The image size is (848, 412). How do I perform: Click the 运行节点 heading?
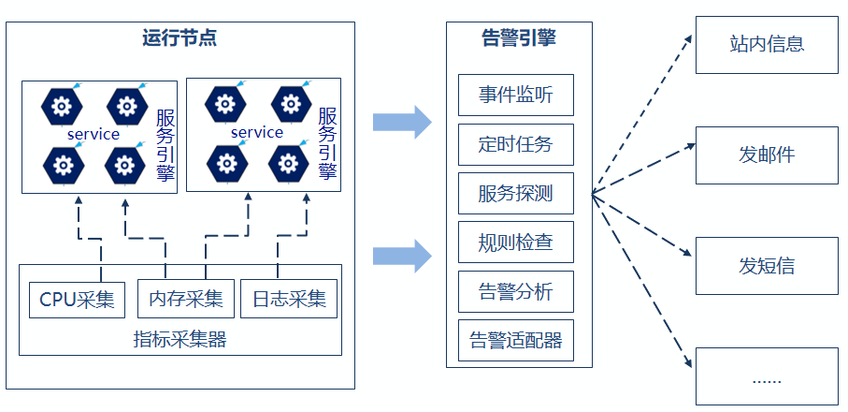[x=180, y=38]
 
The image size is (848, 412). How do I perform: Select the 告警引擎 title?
[x=518, y=38]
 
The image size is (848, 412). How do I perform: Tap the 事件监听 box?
[x=515, y=95]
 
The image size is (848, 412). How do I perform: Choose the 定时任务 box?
[x=515, y=144]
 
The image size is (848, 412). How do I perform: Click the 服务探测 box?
[x=515, y=193]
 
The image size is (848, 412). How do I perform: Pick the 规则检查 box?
[x=515, y=242]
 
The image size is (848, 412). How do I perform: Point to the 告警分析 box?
[x=515, y=291]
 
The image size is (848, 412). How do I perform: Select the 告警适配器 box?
[x=515, y=340]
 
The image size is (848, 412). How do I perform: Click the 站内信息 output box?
[x=767, y=44]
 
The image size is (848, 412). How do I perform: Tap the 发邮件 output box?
[x=767, y=154]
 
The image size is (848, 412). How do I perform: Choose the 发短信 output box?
[x=767, y=266]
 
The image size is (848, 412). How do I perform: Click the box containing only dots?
[x=767, y=376]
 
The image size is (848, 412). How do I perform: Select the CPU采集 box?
[x=77, y=300]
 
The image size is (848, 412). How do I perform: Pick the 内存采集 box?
[x=185, y=300]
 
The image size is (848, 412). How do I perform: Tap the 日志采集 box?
[x=289, y=300]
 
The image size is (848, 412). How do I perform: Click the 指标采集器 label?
[x=180, y=339]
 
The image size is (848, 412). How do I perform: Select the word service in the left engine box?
[x=93, y=134]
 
